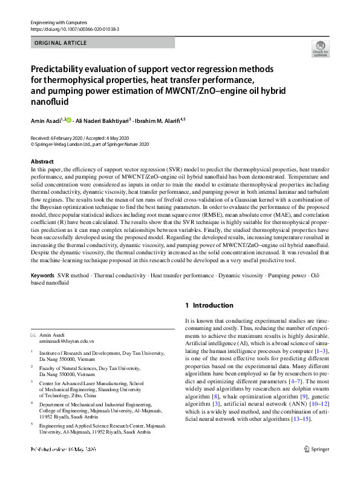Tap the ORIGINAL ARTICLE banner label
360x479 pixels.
coord(61,43)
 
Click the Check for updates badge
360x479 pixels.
coord(320,49)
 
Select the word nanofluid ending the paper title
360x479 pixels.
coord(50,102)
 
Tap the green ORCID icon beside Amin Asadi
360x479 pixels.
coord(69,121)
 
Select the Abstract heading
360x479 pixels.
coord(42,162)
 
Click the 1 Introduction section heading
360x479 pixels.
coord(209,305)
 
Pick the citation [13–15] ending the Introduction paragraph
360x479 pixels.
coord(299,419)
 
